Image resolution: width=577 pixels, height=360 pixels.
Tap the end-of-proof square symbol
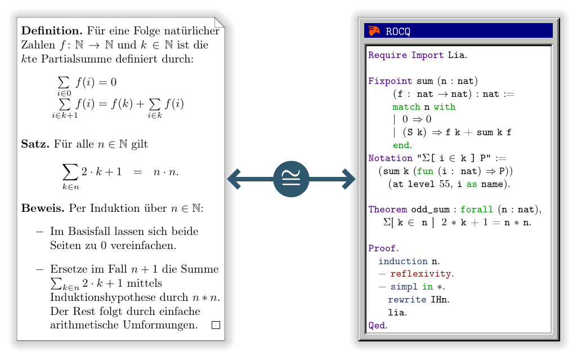tap(216, 325)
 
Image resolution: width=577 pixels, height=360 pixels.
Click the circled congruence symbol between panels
tap(291, 180)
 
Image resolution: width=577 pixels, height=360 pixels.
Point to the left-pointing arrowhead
tap(235, 180)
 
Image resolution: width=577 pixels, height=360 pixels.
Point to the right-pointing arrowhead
tap(348, 180)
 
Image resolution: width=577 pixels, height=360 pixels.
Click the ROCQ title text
tap(398, 32)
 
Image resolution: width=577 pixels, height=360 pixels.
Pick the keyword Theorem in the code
tap(387, 210)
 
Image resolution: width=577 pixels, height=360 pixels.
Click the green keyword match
tap(406, 107)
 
